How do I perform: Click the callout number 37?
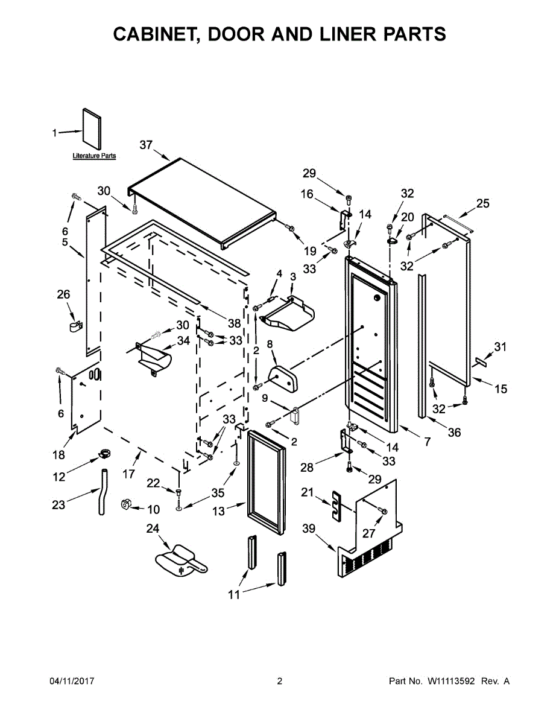pos(146,145)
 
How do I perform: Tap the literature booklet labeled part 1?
pos(92,129)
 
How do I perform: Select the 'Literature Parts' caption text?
pos(94,156)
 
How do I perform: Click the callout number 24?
pos(153,529)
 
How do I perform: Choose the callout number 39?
pos(309,529)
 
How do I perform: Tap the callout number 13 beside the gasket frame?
pos(218,512)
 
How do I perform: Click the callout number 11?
pos(234,595)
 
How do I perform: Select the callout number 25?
pos(483,203)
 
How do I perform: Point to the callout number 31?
pos(501,346)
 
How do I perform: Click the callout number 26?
pos(63,294)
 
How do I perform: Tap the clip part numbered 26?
pos(74,326)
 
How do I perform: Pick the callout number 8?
pos(270,344)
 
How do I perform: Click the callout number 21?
pos(308,493)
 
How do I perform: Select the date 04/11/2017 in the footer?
pos(71,681)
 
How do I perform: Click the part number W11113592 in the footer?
pos(452,681)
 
